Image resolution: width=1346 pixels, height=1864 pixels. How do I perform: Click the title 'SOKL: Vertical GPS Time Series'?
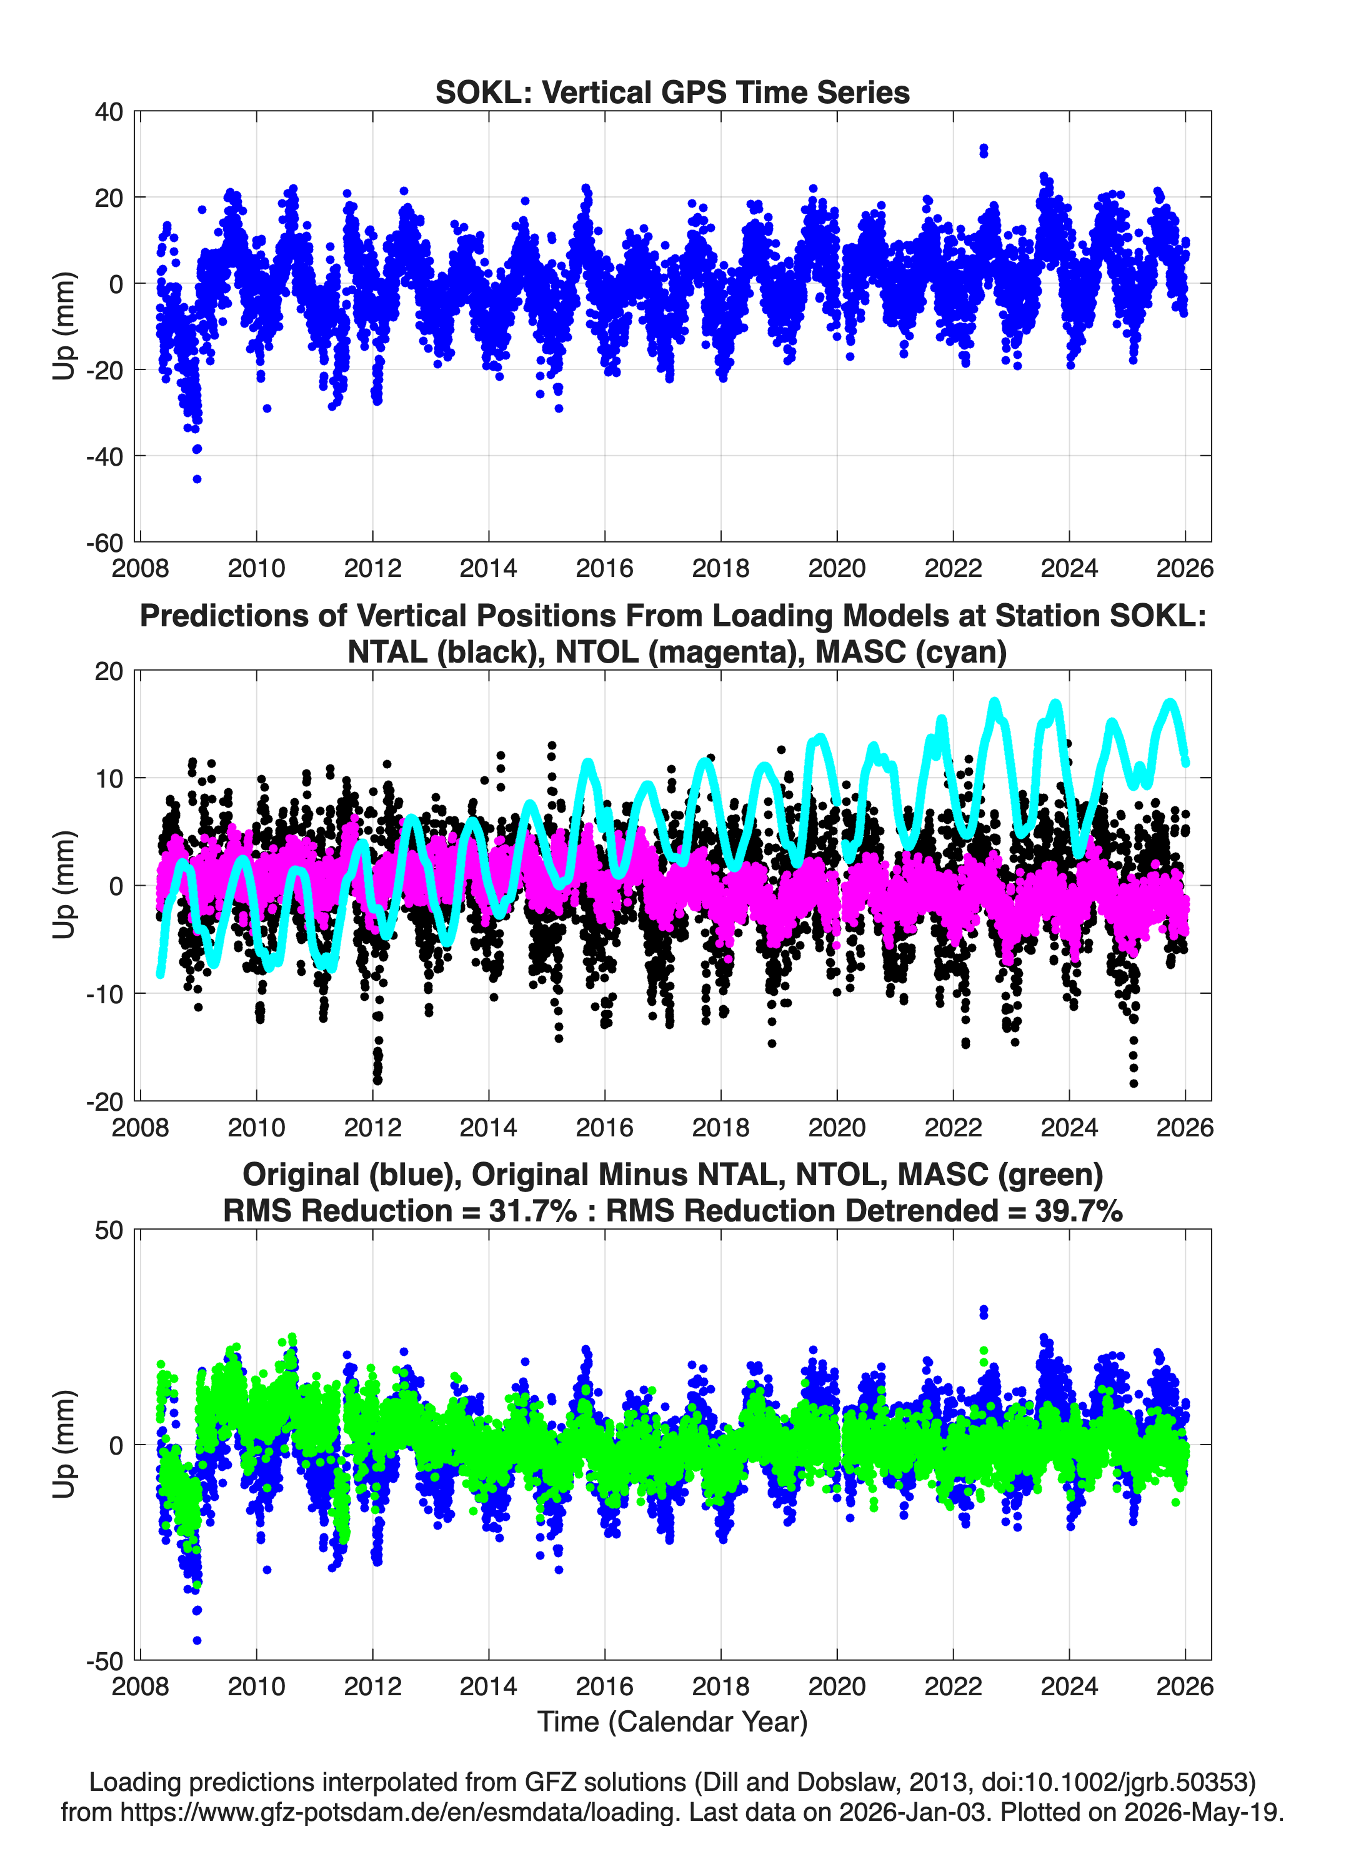[672, 92]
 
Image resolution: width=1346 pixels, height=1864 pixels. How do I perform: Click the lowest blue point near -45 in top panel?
[197, 479]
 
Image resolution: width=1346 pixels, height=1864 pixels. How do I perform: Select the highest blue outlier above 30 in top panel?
[984, 149]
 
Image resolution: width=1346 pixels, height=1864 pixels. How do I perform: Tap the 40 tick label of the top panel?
[109, 112]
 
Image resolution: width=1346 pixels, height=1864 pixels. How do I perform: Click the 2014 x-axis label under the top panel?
[488, 568]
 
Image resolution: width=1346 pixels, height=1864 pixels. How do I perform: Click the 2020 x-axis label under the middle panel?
[837, 1127]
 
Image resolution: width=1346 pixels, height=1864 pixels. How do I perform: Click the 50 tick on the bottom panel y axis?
[109, 1230]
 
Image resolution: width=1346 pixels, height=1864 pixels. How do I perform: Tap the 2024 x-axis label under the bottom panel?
[1069, 1686]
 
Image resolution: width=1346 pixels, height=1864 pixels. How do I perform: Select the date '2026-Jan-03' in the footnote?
[913, 1811]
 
